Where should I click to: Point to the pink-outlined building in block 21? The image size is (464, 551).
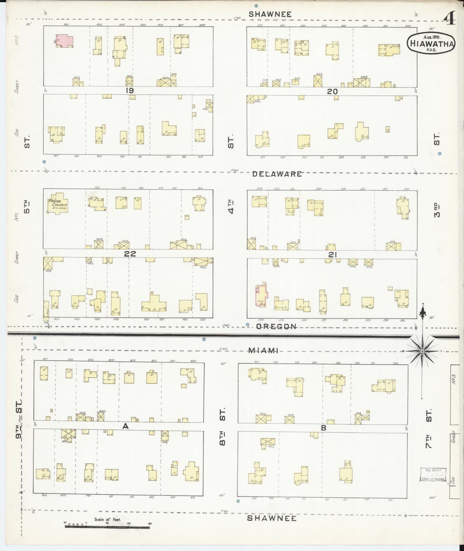[261, 295]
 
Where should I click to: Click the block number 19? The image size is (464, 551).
[129, 91]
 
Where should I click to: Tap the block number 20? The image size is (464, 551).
[332, 91]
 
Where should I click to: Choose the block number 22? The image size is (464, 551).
[130, 254]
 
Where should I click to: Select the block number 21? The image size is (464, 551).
[332, 255]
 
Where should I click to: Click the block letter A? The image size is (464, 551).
[126, 426]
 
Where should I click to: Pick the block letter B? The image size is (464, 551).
[324, 428]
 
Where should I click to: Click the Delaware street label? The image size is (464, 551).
[277, 174]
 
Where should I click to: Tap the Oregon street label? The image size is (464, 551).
[277, 327]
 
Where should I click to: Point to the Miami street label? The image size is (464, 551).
[263, 351]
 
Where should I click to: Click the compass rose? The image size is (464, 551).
[422, 351]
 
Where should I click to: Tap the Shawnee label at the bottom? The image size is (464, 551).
[272, 518]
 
